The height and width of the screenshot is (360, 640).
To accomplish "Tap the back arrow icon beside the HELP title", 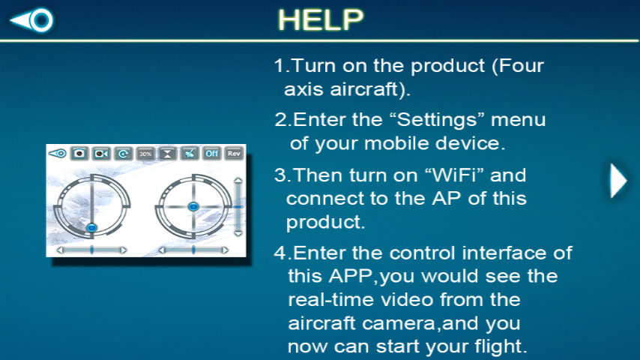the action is point(31,19).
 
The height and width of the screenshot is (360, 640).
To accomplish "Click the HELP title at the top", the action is point(321,19).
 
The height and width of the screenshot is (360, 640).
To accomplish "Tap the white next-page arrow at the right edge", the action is point(618,181).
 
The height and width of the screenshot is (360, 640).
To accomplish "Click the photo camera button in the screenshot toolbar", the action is point(79,154).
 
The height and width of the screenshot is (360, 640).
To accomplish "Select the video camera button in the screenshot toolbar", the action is point(101,154).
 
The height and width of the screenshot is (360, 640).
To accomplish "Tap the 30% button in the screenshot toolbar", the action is point(145,154).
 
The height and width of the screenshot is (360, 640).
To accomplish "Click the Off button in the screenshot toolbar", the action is point(212,154).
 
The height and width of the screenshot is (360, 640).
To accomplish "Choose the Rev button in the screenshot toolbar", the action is point(234,154).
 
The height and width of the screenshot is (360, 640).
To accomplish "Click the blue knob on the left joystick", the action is point(92,227).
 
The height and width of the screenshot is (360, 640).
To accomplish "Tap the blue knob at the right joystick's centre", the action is point(193,207).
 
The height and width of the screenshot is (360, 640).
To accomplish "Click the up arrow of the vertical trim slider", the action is point(238,180).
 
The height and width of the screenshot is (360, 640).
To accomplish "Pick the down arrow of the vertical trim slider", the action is point(238,233).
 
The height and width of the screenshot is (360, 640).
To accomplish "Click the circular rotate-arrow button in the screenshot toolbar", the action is point(124,154).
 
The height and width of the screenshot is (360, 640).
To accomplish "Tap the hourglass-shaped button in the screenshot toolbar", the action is point(168,154).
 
